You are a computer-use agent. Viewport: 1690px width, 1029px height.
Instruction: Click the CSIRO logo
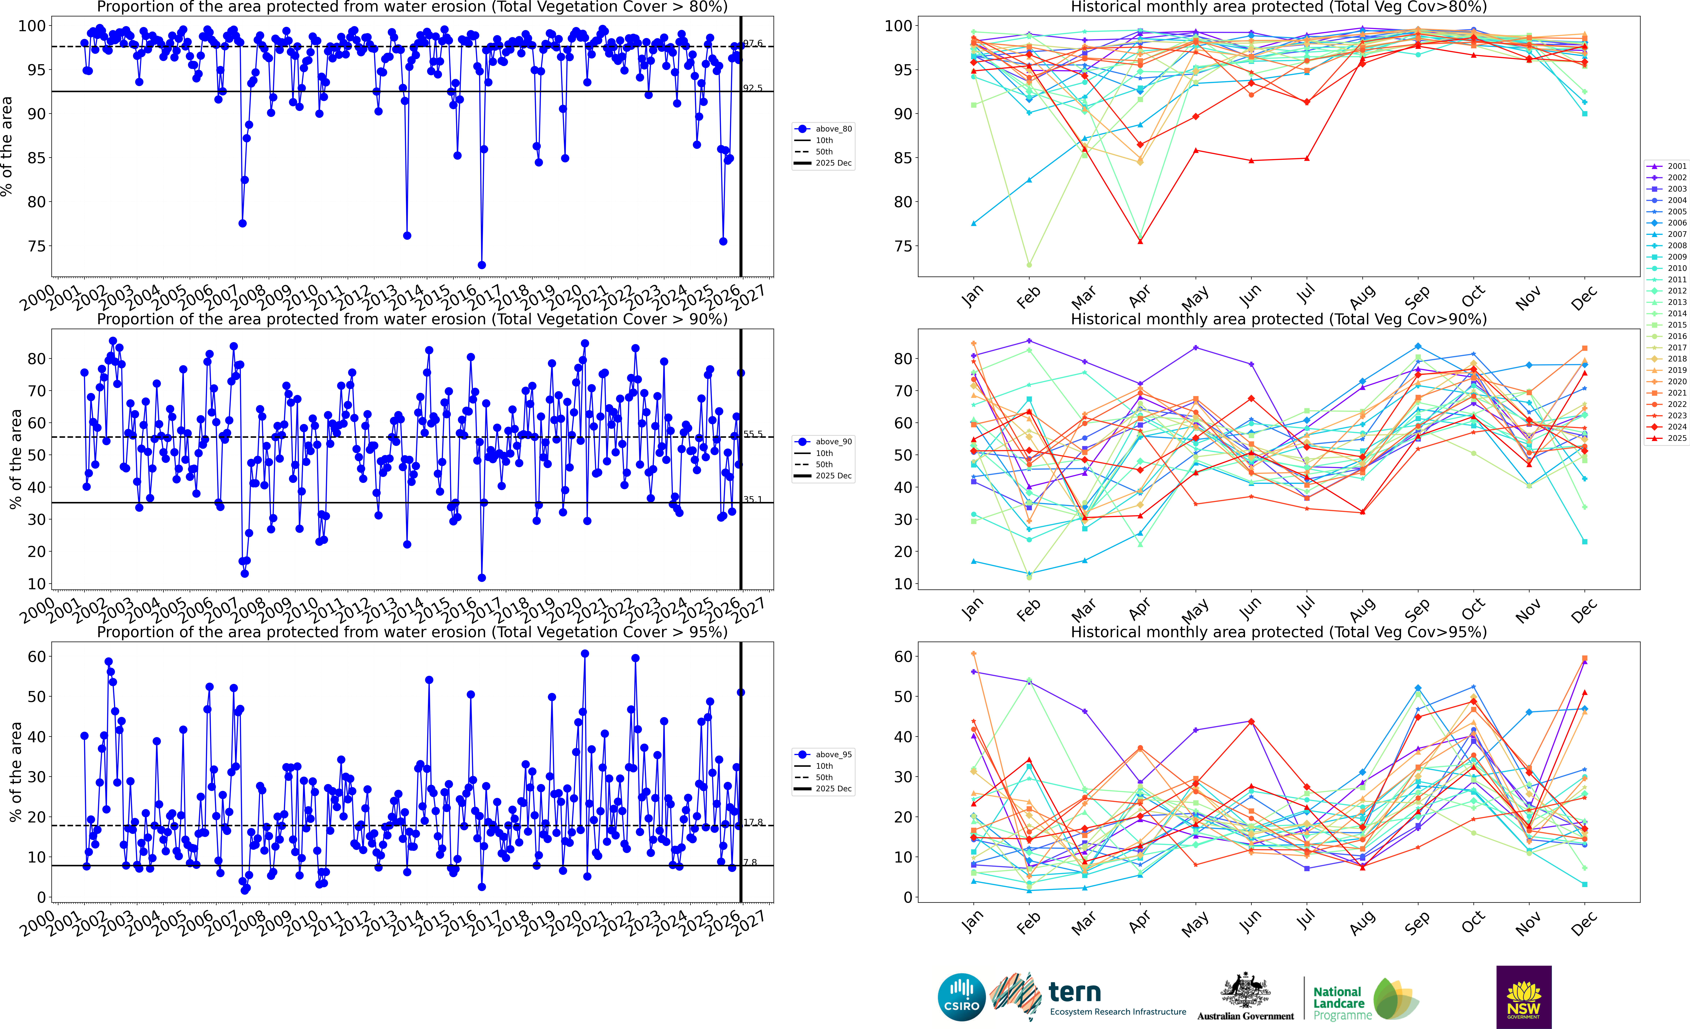(x=962, y=997)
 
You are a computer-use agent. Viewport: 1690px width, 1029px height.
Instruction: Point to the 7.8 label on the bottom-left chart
(x=750, y=862)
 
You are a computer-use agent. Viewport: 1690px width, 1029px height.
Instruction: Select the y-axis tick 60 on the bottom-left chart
(x=37, y=657)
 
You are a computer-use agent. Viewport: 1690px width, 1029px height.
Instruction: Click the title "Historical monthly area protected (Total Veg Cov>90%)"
(x=1279, y=319)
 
